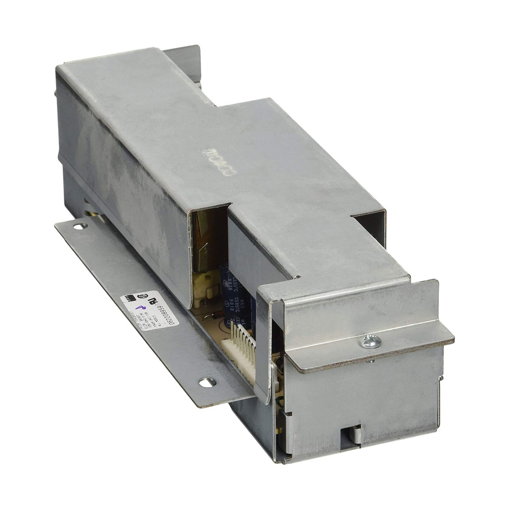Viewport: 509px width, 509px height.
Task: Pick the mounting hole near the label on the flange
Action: click(206, 381)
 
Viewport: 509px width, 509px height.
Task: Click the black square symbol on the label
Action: click(128, 299)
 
